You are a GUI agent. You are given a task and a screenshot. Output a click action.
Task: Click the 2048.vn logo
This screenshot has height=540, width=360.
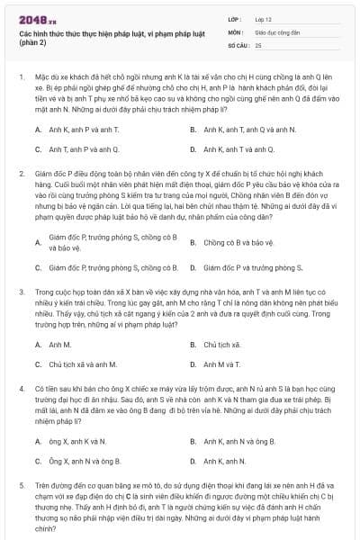(36, 18)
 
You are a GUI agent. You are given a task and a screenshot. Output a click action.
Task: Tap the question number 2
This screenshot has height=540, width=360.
(21, 172)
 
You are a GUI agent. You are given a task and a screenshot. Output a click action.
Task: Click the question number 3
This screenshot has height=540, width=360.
(21, 292)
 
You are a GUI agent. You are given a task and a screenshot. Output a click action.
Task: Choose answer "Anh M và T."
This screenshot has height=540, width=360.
(221, 364)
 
